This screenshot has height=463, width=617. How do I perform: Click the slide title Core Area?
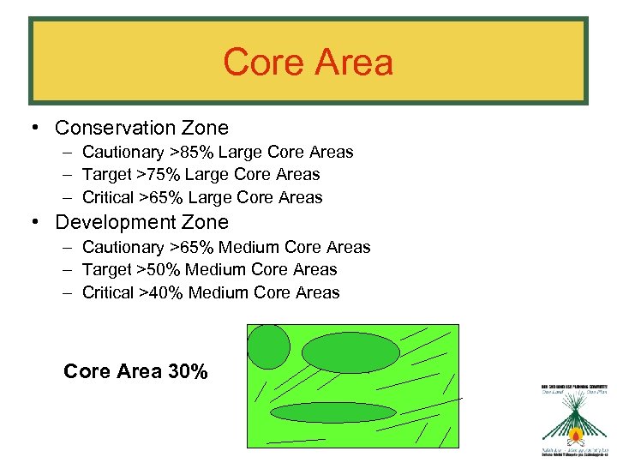pyautogui.click(x=308, y=63)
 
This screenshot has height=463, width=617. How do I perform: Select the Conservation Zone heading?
pyautogui.click(x=141, y=128)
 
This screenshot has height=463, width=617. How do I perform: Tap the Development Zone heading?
pyautogui.click(x=141, y=222)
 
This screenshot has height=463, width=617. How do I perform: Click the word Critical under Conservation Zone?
pyautogui.click(x=107, y=198)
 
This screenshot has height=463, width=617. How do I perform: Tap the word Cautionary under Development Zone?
pyautogui.click(x=123, y=248)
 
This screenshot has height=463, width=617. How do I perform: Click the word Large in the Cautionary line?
pyautogui.click(x=241, y=153)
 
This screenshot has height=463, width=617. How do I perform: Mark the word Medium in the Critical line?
pyautogui.click(x=217, y=293)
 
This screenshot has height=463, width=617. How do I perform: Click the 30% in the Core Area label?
pyautogui.click(x=188, y=371)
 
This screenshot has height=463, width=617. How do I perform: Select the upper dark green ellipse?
pyautogui.click(x=350, y=352)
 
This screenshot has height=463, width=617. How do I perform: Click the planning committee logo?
pyautogui.click(x=574, y=419)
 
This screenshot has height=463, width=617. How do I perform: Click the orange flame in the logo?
pyautogui.click(x=576, y=438)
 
